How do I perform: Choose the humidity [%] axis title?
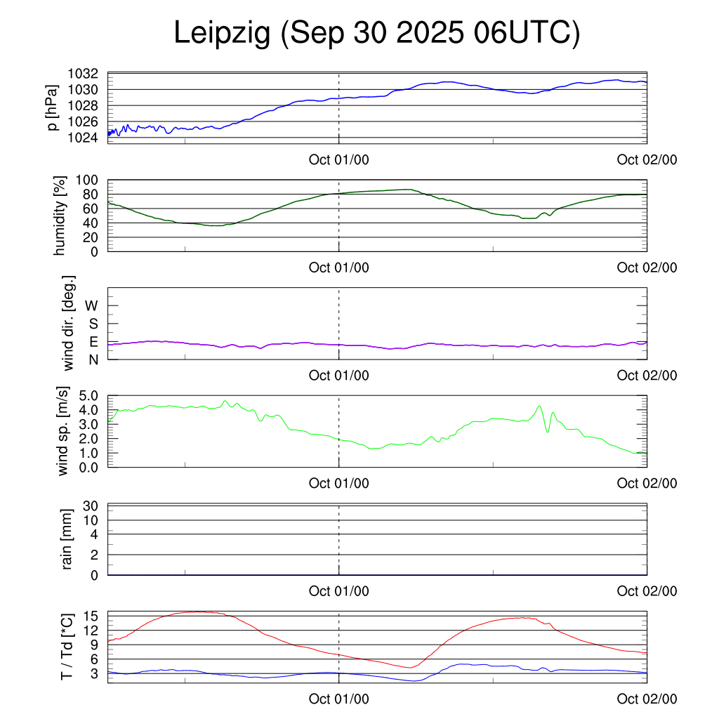pyautogui.click(x=60, y=216)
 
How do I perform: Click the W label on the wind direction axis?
pyautogui.click(x=91, y=305)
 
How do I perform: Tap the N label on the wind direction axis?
pyautogui.click(x=93, y=359)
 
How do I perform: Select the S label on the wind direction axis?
pyautogui.click(x=93, y=324)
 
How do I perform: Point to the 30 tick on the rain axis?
pyautogui.click(x=91, y=506)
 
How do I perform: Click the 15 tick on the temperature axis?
pyautogui.click(x=91, y=616)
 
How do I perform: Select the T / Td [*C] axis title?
pyautogui.click(x=67, y=646)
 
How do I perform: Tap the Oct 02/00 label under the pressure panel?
pyautogui.click(x=647, y=160)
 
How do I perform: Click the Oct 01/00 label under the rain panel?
pyautogui.click(x=339, y=591)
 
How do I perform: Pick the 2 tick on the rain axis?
pyautogui.click(x=94, y=555)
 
